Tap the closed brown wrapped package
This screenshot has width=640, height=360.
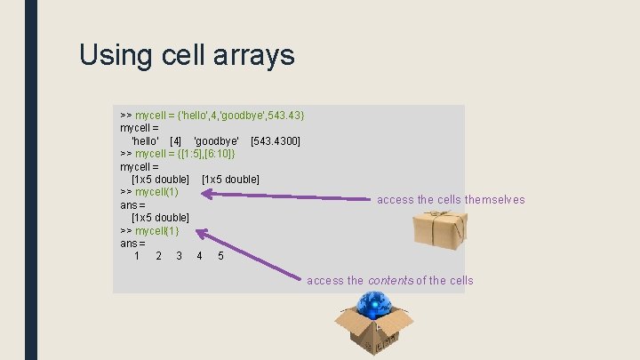(441, 230)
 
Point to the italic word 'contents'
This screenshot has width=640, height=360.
(396, 281)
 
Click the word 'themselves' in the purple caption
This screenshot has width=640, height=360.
(494, 200)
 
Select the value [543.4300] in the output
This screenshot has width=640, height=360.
(276, 141)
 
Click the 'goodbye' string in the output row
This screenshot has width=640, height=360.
(216, 141)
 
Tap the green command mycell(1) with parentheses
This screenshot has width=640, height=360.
(156, 192)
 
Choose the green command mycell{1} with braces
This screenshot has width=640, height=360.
(156, 231)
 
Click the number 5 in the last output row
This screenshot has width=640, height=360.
(220, 257)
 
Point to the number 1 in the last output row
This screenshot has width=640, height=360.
(137, 257)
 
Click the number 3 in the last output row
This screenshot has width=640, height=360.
(179, 257)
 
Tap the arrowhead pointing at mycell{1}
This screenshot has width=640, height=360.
(201, 235)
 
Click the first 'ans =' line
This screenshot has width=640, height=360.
(132, 205)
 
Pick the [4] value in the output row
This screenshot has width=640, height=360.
(175, 141)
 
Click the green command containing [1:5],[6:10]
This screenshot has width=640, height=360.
(185, 154)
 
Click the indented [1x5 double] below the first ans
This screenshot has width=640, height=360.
(160, 218)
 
